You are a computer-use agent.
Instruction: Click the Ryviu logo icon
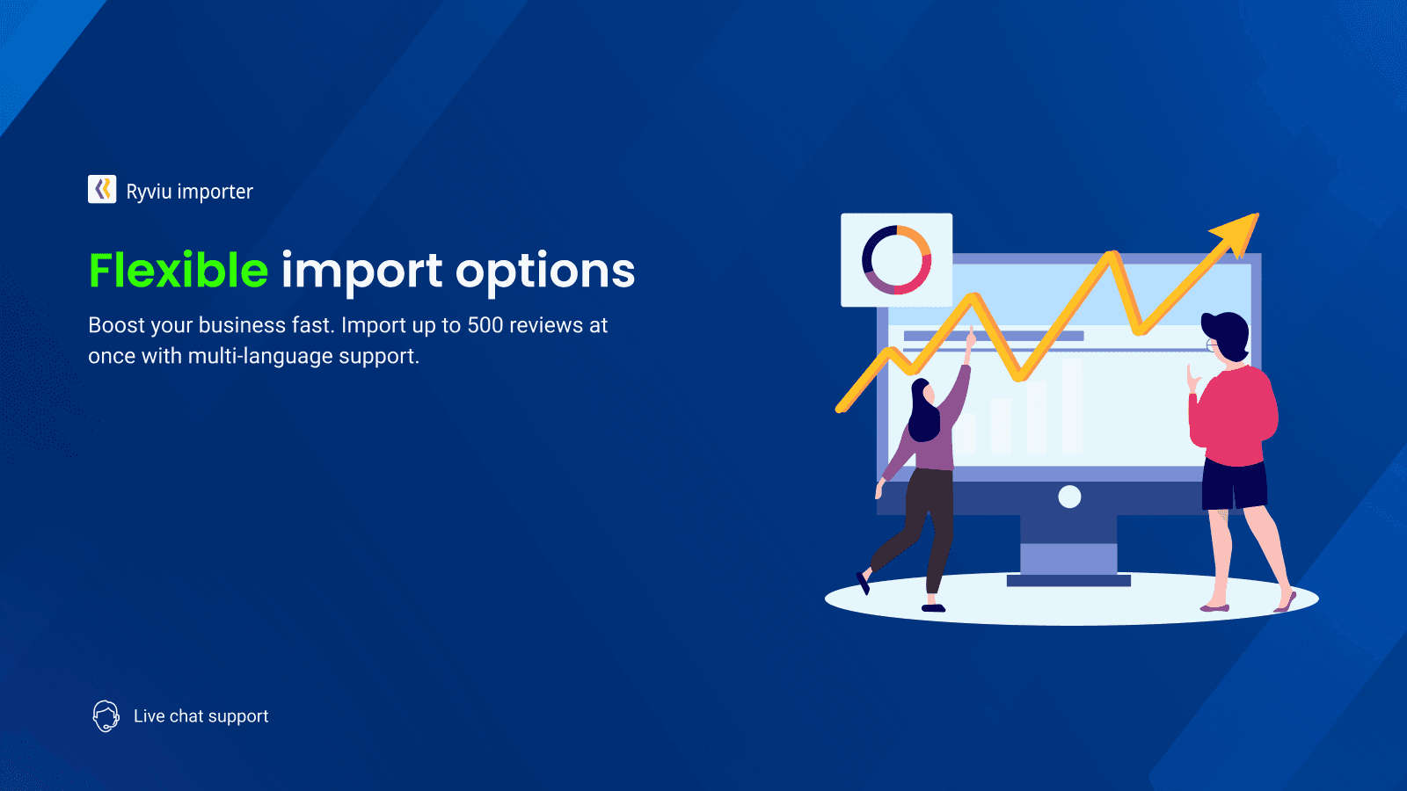click(102, 189)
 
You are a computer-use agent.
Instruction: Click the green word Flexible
click(179, 271)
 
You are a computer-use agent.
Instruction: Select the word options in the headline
click(545, 273)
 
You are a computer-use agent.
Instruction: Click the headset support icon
click(106, 716)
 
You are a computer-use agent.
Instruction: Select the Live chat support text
click(201, 716)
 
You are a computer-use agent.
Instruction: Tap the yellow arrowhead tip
click(1258, 214)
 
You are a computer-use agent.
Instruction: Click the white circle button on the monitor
click(1069, 497)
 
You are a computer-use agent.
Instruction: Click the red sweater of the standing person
click(1233, 417)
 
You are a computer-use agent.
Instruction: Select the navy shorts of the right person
click(1235, 485)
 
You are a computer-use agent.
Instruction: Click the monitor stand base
click(1068, 581)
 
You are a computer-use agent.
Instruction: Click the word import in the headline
click(361, 273)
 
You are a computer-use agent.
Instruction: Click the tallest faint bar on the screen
click(1072, 405)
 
